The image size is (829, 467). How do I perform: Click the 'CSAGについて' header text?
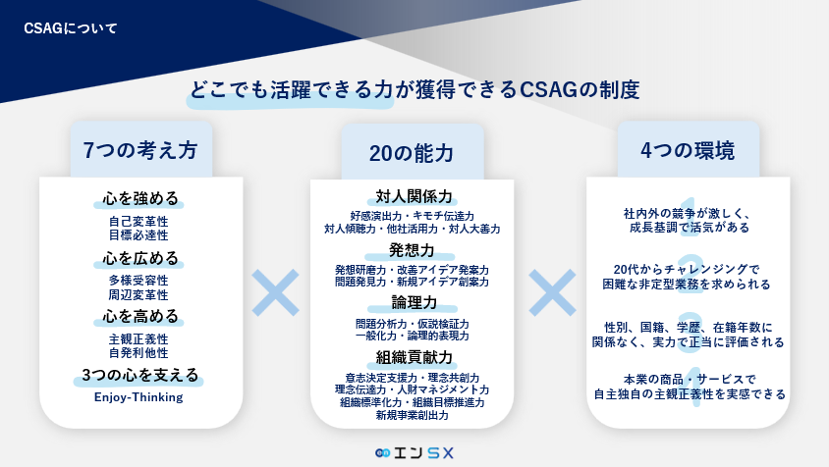pyautogui.click(x=71, y=28)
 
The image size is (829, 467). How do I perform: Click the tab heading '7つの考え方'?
pyautogui.click(x=140, y=150)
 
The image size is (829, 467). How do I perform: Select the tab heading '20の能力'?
pyautogui.click(x=412, y=153)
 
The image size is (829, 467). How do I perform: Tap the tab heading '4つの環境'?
pyautogui.click(x=688, y=150)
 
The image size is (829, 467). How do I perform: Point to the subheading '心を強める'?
pyautogui.click(x=140, y=198)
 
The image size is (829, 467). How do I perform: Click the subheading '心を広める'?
pyautogui.click(x=140, y=258)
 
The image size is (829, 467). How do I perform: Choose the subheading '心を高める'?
pyautogui.click(x=140, y=317)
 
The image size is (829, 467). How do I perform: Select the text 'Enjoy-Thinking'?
pyautogui.click(x=138, y=397)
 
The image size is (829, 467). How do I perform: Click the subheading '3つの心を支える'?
pyautogui.click(x=140, y=375)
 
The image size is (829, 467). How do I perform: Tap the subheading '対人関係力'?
pyautogui.click(x=414, y=196)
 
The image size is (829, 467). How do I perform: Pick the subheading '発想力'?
pyautogui.click(x=412, y=250)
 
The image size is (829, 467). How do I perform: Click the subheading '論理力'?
pyautogui.click(x=414, y=302)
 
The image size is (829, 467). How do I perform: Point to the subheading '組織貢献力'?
pyautogui.click(x=414, y=358)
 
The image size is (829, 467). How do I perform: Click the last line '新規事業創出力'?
pyautogui.click(x=413, y=415)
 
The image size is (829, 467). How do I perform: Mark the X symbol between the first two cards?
pyautogui.click(x=275, y=292)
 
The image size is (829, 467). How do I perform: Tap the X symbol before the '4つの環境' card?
pyautogui.click(x=552, y=292)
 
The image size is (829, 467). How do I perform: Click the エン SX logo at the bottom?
pyautogui.click(x=414, y=452)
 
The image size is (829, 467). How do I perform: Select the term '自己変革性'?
pyautogui.click(x=138, y=222)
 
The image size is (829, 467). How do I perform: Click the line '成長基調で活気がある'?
pyautogui.click(x=690, y=228)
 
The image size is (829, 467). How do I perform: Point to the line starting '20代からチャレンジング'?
pyautogui.click(x=687, y=270)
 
